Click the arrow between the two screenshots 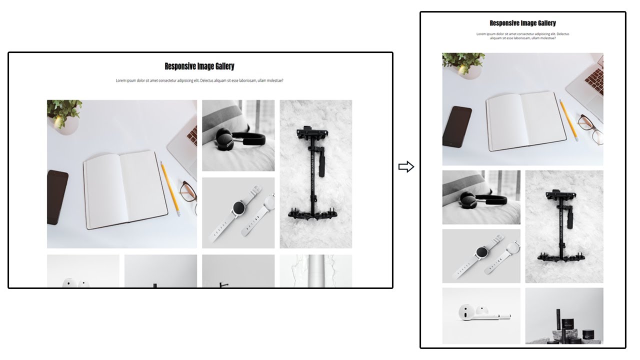point(406,167)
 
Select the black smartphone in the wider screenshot point(57,197)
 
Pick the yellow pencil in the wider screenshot point(169,188)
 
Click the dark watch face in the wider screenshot point(238,207)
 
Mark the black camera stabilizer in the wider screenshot point(314,175)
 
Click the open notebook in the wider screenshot point(125,189)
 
